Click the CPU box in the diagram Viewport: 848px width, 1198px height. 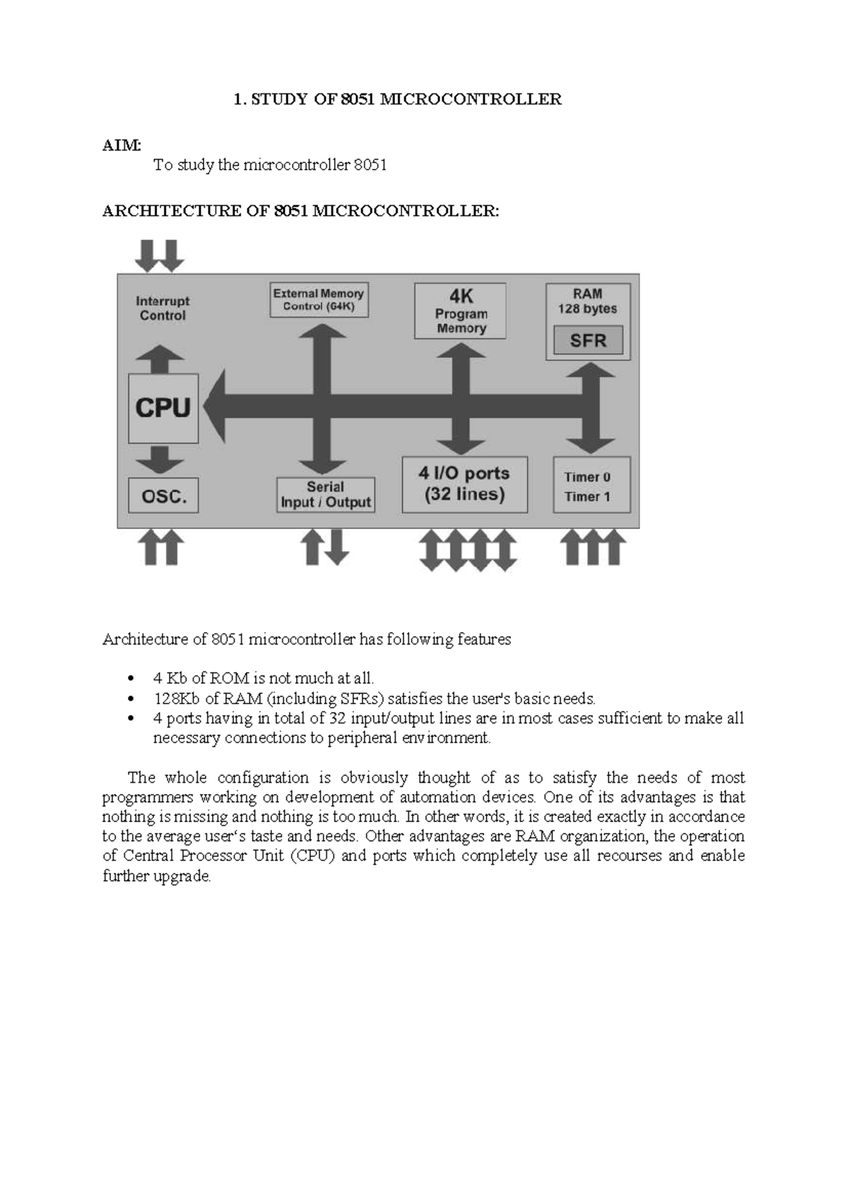point(163,408)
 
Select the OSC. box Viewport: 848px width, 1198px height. point(163,496)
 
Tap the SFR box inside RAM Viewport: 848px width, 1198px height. point(588,340)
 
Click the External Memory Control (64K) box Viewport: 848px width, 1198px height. point(319,299)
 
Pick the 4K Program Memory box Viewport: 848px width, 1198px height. point(460,311)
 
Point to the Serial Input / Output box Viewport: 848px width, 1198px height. point(325,494)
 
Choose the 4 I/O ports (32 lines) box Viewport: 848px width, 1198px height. point(464,484)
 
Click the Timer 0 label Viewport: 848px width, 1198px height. point(587,477)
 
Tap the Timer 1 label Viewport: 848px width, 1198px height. point(587,497)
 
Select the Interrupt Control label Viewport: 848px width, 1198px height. point(163,308)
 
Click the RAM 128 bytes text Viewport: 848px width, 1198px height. point(587,302)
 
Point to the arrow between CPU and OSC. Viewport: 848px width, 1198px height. point(160,460)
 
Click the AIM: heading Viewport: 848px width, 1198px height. point(122,146)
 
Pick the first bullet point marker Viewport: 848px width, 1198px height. point(129,679)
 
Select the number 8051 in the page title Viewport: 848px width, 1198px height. point(358,100)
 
